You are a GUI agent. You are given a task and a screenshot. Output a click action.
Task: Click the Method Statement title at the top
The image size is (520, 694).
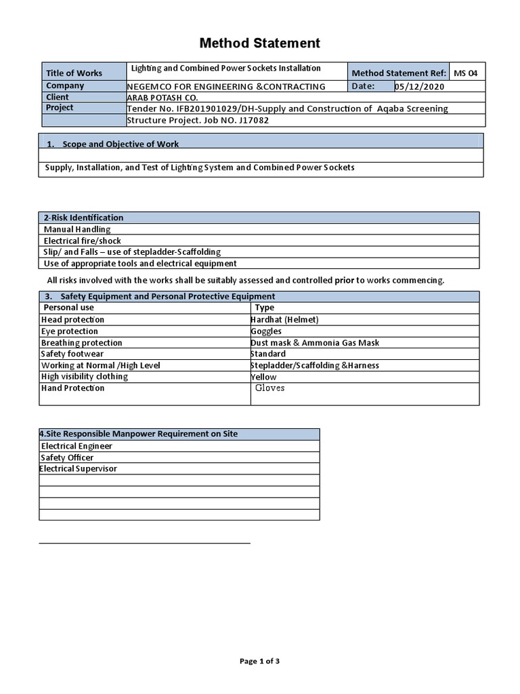(259, 43)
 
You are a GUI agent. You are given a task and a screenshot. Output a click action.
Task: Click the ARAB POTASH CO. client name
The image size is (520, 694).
(162, 98)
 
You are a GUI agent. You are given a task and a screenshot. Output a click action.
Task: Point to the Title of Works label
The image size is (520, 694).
(74, 73)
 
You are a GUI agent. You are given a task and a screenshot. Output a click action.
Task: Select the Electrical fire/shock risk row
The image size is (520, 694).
(83, 241)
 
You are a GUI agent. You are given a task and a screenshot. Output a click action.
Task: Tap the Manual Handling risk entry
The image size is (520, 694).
(77, 229)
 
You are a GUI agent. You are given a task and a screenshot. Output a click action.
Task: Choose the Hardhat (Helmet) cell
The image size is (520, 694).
(284, 319)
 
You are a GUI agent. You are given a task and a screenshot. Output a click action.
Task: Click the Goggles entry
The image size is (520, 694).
(266, 331)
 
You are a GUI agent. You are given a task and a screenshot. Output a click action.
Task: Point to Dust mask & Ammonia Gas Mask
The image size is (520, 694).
(315, 343)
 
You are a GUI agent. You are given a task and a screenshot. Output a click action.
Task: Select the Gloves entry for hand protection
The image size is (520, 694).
(270, 388)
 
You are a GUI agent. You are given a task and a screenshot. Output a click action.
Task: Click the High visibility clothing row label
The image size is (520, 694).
(85, 377)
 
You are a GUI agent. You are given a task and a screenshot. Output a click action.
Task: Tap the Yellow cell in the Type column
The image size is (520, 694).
(264, 377)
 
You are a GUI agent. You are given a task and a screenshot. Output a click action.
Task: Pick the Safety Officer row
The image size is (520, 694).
(67, 457)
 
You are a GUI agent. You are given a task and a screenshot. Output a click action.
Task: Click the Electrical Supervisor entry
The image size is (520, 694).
(79, 469)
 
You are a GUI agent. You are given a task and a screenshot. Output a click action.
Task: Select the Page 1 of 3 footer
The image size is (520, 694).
(259, 661)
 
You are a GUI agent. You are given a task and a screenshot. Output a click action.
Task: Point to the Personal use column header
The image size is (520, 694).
(68, 308)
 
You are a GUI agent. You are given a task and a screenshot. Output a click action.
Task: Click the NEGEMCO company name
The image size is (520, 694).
(226, 87)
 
